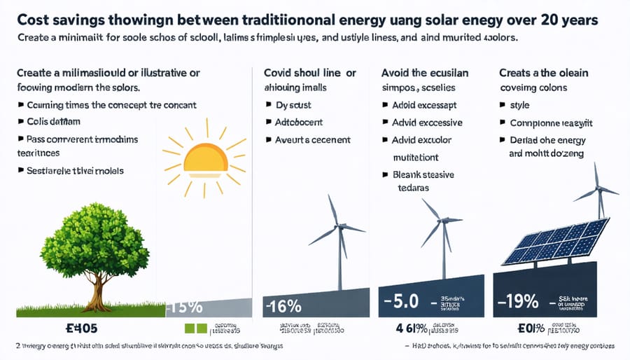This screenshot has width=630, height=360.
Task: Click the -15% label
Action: (185, 307)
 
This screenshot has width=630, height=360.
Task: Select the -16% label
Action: (283, 307)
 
